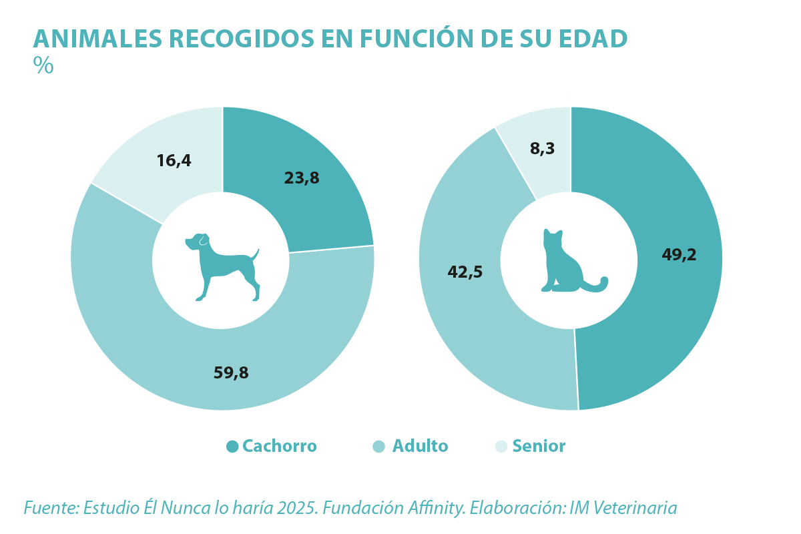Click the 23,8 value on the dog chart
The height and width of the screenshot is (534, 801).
click(x=302, y=178)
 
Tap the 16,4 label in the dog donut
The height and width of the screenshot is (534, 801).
click(x=174, y=161)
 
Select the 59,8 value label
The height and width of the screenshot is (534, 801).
click(x=231, y=373)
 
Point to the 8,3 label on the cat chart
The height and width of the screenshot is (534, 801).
click(x=542, y=149)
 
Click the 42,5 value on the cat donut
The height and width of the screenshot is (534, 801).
click(x=465, y=272)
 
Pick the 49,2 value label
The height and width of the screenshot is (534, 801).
click(x=679, y=255)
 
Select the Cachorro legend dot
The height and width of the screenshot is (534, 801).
click(x=232, y=447)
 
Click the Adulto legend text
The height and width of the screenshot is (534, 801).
click(x=420, y=447)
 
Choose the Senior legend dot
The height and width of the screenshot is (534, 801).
click(x=501, y=447)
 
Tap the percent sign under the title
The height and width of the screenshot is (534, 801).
click(x=43, y=65)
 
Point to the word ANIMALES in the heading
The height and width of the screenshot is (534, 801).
click(x=97, y=39)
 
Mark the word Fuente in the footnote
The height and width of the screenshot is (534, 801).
click(x=51, y=508)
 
